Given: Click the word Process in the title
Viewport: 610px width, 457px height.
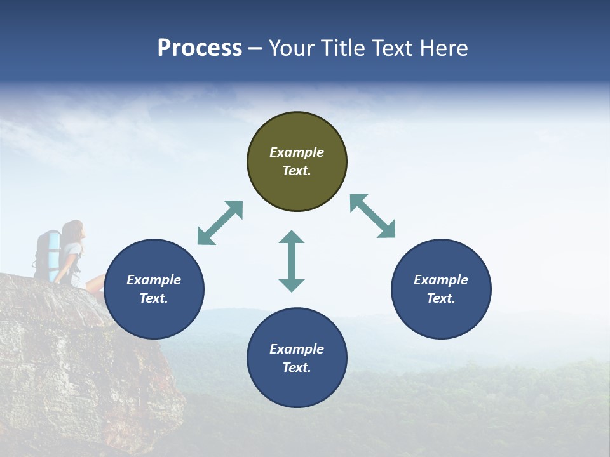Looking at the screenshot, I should click(x=200, y=48).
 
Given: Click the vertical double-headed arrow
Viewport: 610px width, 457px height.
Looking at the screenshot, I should click(x=292, y=261).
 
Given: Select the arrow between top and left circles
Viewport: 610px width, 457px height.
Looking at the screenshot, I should click(x=220, y=223).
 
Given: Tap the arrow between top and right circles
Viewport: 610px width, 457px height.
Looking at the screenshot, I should click(x=373, y=216).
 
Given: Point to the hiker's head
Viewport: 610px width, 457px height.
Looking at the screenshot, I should click(x=72, y=229).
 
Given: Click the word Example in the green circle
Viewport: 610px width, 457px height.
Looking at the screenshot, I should click(x=297, y=152).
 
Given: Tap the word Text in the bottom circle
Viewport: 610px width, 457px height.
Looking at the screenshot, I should click(x=297, y=368).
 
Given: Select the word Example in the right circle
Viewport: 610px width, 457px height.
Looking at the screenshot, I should click(x=441, y=280).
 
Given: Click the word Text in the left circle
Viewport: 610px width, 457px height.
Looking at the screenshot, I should click(x=154, y=298).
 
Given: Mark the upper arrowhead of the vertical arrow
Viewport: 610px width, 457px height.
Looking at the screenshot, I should click(x=292, y=237).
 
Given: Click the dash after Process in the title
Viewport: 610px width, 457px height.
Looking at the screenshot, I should click(x=255, y=48).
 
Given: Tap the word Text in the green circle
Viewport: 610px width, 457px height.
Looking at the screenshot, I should click(x=297, y=171).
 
